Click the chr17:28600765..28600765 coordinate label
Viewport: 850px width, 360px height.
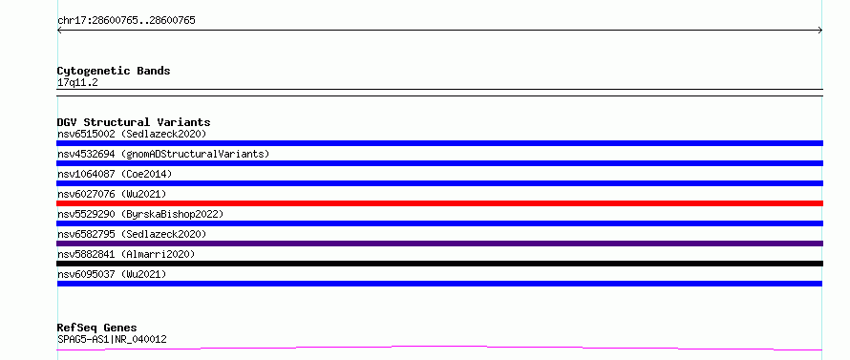126,21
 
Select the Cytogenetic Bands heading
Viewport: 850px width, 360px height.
114,71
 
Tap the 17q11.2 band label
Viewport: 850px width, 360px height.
77,83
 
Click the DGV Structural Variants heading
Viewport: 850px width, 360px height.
134,122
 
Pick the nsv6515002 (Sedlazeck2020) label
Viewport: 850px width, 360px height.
132,134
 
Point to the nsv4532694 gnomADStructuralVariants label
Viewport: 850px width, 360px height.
163,154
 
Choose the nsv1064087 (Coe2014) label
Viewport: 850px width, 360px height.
115,174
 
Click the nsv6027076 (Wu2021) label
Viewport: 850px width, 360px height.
112,194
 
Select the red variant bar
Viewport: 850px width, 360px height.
439,203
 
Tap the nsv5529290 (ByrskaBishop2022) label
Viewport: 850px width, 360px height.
140,214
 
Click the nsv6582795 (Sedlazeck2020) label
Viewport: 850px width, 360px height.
132,234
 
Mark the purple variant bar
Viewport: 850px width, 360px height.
439,244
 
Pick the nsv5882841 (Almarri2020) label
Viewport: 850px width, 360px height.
126,254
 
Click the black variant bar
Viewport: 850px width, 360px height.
439,264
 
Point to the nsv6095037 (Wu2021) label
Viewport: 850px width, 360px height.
112,274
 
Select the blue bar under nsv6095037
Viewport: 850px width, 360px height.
439,284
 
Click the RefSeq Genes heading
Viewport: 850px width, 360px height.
97,328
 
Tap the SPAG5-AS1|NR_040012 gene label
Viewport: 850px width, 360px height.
112,339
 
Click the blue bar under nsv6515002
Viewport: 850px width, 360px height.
439,143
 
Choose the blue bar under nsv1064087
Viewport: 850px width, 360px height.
439,183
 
